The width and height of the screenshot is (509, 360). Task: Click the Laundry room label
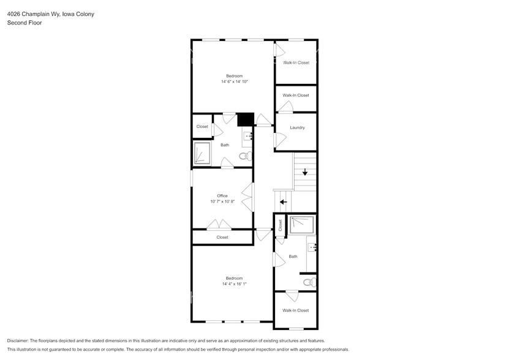pos(297,128)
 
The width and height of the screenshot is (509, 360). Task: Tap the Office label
pos(222,196)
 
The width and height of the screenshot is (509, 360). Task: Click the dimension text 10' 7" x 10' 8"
pos(222,201)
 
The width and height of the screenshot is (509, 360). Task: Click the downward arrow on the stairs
pos(304,172)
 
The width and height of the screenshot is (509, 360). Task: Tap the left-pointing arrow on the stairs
pos(283,201)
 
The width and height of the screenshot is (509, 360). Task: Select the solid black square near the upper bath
pos(246,119)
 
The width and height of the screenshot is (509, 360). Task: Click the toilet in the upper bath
pos(245,157)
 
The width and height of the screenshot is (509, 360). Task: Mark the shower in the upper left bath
pos(202,153)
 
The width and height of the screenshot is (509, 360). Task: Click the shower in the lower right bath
pos(302,225)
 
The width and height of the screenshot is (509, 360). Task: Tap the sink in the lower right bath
pos(311,247)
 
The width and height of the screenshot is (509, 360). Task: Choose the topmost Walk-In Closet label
pos(296,62)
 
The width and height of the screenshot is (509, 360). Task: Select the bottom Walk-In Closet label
pos(296,310)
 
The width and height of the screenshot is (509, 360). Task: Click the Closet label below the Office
pos(222,237)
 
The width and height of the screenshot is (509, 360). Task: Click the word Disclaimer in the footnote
pos(18,340)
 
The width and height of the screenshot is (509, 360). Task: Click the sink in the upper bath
pos(248,136)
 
